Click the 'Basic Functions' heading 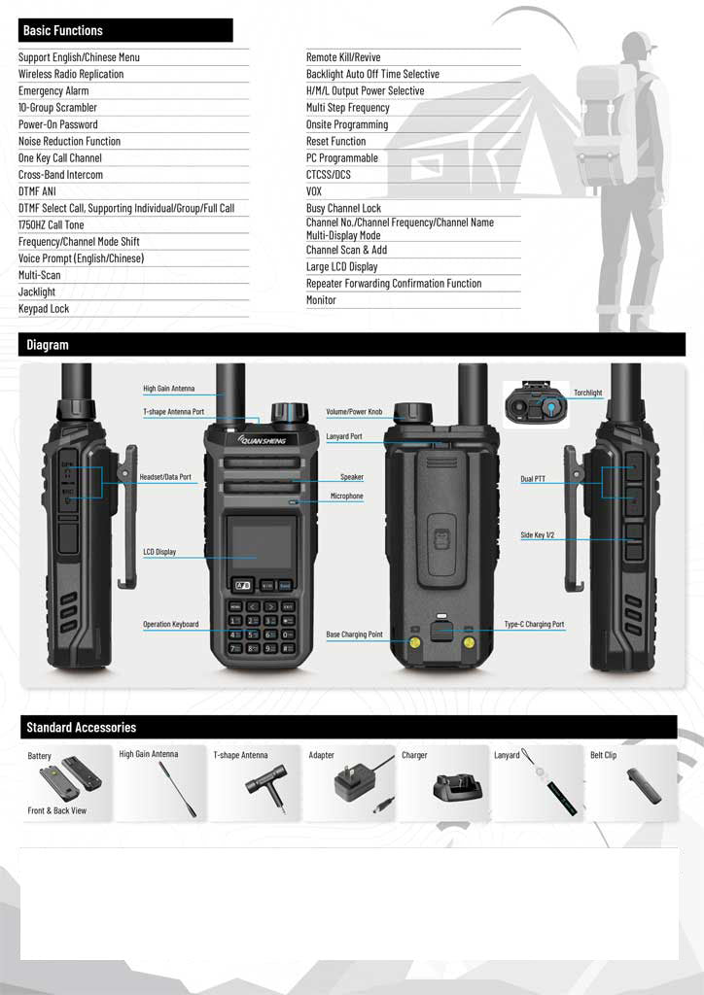63,31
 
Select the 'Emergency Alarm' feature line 53,90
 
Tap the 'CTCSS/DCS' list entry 329,175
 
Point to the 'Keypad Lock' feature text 44,309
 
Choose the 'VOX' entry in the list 314,191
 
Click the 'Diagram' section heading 48,345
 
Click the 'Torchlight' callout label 587,394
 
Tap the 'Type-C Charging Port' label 534,625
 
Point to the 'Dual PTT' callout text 533,479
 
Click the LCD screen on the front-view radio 260,543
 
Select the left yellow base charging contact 414,641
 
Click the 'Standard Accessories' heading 82,728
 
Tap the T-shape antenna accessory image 264,786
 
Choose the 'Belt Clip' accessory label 603,755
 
